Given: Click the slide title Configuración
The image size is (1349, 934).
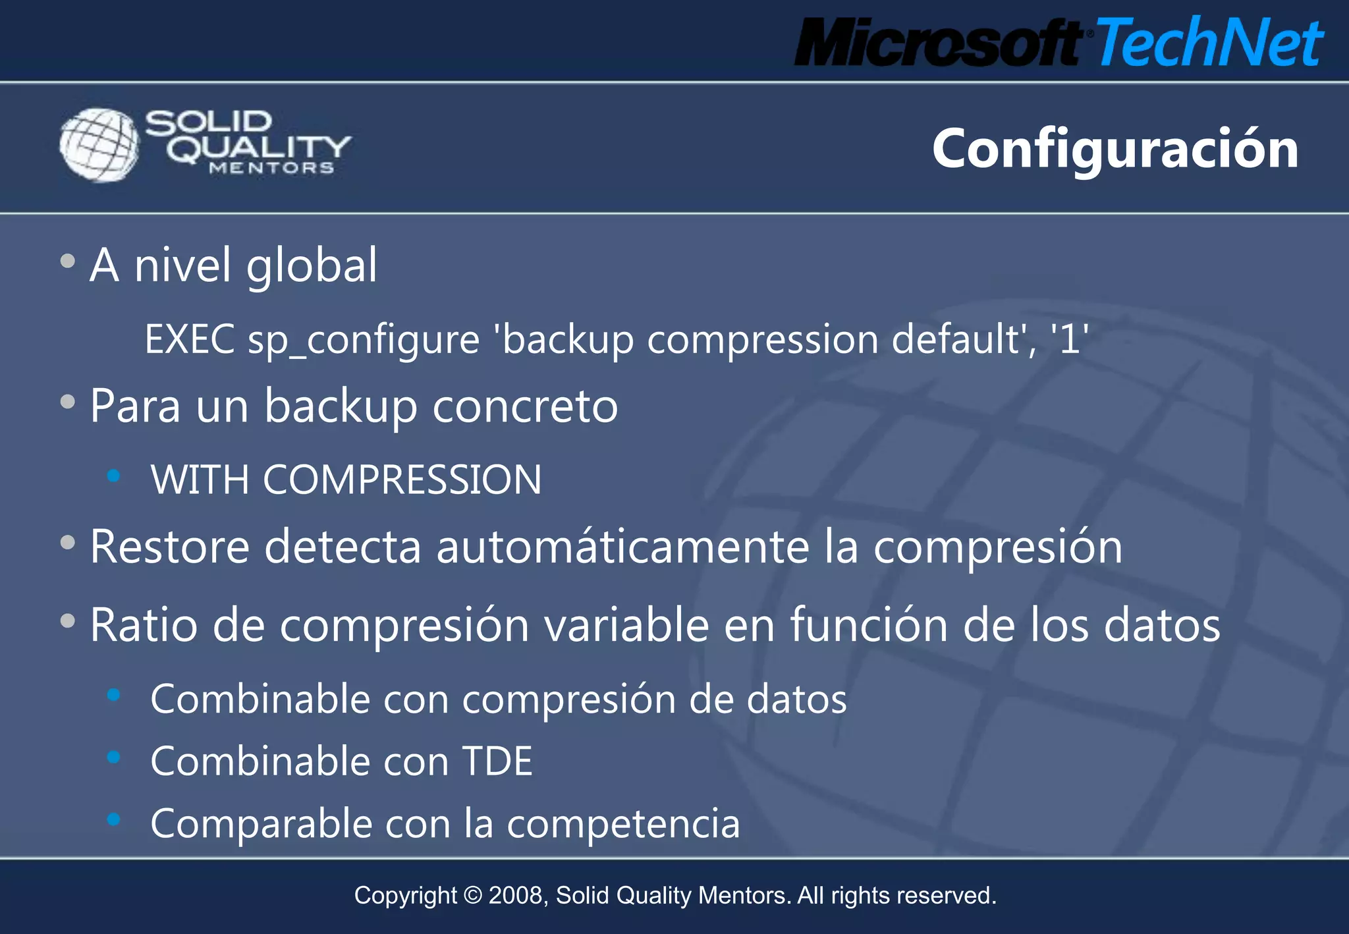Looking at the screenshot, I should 1115,150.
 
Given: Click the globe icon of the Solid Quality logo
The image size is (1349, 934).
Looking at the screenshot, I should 99,145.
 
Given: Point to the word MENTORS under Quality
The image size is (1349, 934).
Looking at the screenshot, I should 271,169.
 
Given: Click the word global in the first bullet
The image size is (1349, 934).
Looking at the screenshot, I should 312,265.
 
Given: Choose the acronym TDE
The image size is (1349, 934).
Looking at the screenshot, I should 497,761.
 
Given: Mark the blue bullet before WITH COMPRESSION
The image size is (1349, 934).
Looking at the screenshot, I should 114,476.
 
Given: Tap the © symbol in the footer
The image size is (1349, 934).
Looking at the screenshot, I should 472,896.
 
